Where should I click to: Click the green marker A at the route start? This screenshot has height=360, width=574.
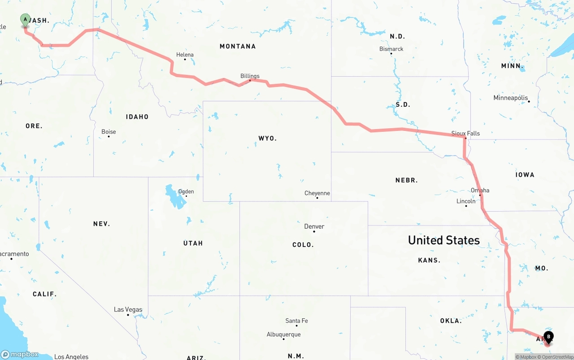[x=25, y=20]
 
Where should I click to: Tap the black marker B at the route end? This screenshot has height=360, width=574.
[x=548, y=337]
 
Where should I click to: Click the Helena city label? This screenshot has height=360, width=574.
[x=185, y=55]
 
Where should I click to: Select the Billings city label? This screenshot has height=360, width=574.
[x=250, y=76]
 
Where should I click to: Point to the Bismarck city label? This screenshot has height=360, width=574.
[x=391, y=49]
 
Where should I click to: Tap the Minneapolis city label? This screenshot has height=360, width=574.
[x=511, y=98]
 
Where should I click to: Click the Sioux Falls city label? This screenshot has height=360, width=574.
[x=465, y=133]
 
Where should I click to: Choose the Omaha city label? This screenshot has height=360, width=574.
[x=480, y=190]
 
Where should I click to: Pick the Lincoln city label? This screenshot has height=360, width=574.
[x=466, y=201]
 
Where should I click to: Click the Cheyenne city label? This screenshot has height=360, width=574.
[x=317, y=193]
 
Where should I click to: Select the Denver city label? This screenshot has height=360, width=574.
[x=314, y=226]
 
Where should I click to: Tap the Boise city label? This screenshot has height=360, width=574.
[x=109, y=132]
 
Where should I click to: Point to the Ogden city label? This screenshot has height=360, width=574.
[x=186, y=191]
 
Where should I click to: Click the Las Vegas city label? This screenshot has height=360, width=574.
[x=128, y=309]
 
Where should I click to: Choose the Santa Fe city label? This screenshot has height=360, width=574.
[x=296, y=321]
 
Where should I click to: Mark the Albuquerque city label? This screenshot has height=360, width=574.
[x=283, y=334]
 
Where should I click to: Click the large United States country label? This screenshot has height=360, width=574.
[x=444, y=240]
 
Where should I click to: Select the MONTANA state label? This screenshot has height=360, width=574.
[x=238, y=46]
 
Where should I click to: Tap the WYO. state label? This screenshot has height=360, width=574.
[x=268, y=138]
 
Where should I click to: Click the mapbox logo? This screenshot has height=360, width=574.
[x=20, y=354]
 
